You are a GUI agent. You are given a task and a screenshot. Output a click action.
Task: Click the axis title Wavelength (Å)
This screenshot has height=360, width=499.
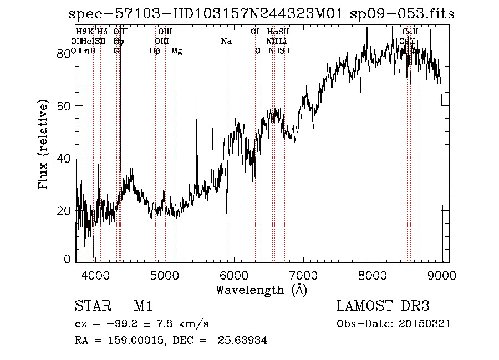pos(261,290)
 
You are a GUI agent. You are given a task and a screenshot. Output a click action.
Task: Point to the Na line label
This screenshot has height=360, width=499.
pos(226,42)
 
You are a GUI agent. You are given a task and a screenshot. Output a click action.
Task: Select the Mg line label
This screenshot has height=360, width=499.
pos(176,51)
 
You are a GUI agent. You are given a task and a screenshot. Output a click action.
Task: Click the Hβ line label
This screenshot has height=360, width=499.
pos(155,51)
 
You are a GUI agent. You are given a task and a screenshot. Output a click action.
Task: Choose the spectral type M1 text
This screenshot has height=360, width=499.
pos(143,306)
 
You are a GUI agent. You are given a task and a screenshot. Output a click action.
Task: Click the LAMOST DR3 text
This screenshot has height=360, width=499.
pos(383,306)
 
